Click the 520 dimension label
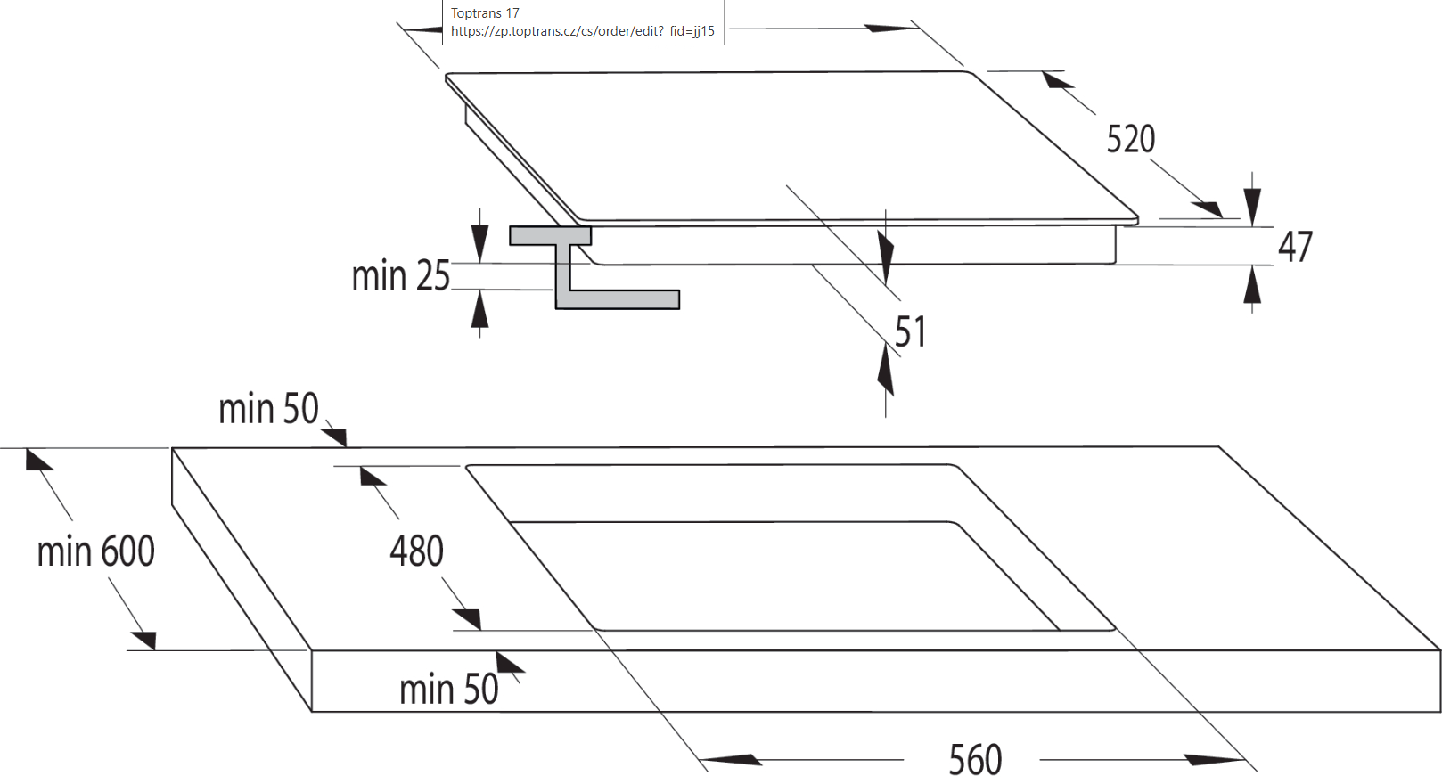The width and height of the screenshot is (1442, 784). (x=1130, y=140)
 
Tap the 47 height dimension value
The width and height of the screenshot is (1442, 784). (x=1295, y=248)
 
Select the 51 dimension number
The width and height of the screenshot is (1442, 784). (x=910, y=332)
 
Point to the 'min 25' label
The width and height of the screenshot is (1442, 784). (x=400, y=276)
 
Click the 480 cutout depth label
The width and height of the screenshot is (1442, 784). (x=416, y=551)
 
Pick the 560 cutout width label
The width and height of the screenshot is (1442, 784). (x=975, y=760)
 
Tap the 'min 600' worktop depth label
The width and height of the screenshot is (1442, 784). (x=95, y=551)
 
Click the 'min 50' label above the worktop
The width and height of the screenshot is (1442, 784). (x=268, y=409)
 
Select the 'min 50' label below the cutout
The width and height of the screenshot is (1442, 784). (x=448, y=690)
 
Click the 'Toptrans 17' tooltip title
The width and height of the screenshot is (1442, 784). (x=485, y=13)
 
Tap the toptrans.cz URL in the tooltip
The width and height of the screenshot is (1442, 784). (x=582, y=31)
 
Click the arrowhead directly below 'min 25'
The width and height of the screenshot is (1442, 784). (x=479, y=310)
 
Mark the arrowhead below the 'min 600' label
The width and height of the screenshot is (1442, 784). (x=145, y=640)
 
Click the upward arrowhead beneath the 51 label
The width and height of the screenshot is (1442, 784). (x=885, y=370)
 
